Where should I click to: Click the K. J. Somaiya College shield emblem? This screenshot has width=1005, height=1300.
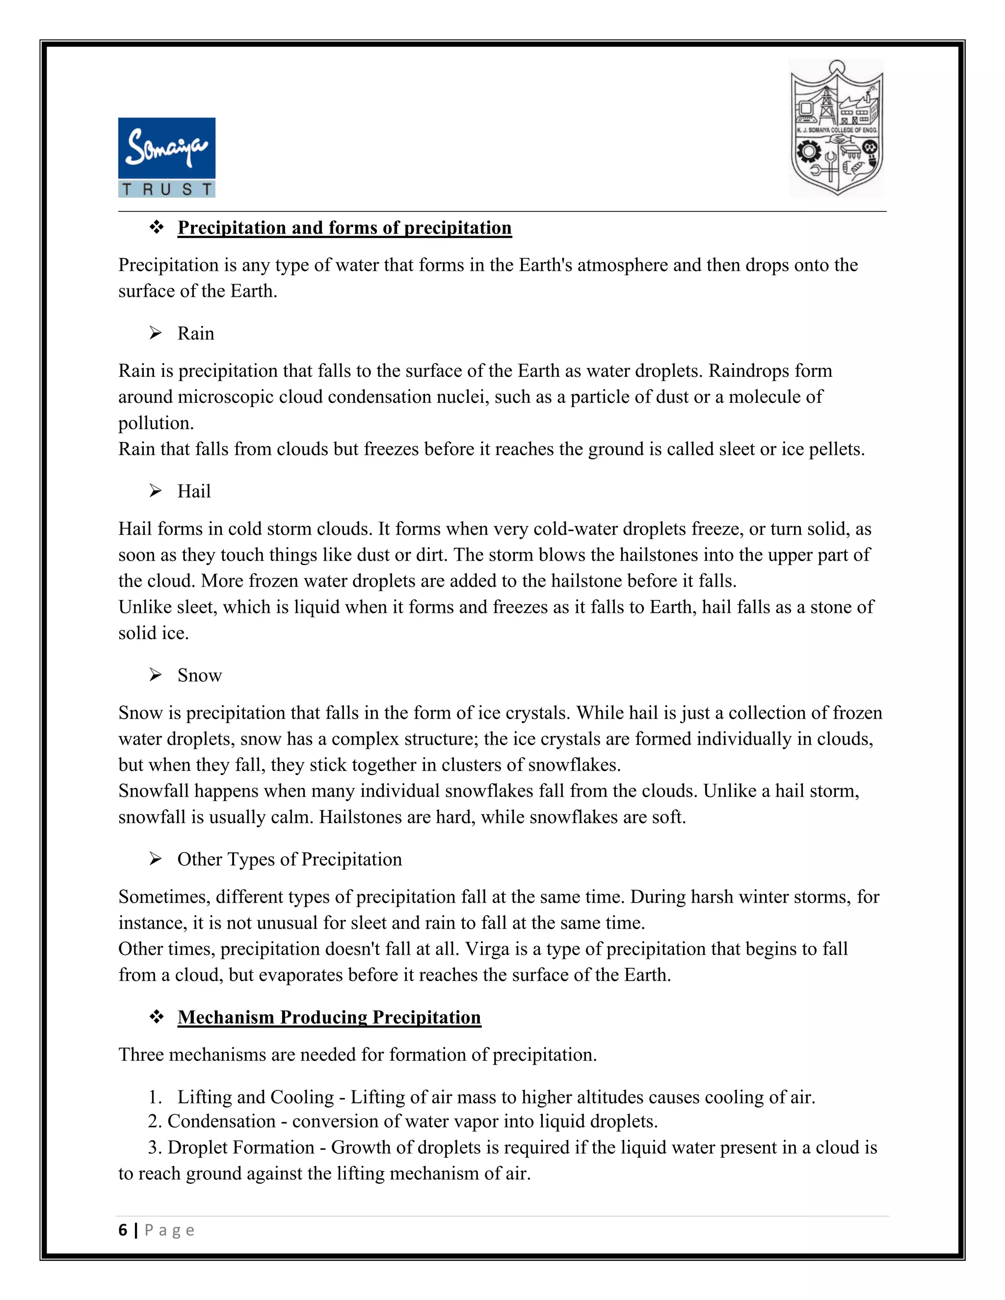click(x=837, y=128)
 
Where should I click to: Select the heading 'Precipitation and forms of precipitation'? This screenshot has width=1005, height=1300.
click(x=344, y=228)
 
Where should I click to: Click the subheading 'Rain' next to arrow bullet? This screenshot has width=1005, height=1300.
click(x=195, y=333)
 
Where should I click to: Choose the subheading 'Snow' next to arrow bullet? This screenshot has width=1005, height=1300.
click(x=199, y=675)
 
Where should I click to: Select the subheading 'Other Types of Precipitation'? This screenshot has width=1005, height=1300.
click(x=290, y=859)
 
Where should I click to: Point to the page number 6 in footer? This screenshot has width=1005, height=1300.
click(x=123, y=1230)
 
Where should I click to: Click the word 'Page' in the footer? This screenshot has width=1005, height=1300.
click(x=170, y=1230)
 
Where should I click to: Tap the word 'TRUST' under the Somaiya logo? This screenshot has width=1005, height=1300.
click(x=167, y=189)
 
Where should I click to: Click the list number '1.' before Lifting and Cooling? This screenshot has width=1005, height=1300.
click(x=155, y=1096)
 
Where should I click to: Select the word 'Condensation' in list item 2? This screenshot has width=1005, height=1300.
click(x=221, y=1121)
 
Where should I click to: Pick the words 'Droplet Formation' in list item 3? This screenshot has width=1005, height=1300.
click(x=240, y=1147)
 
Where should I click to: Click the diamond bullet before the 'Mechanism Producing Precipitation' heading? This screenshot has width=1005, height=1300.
click(x=157, y=1016)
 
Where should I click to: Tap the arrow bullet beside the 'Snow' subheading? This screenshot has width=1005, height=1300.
click(x=156, y=675)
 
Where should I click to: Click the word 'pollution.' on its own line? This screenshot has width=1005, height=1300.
click(x=156, y=423)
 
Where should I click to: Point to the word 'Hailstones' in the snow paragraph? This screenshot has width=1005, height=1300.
click(x=360, y=817)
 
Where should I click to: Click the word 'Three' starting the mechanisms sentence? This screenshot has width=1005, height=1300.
click(x=141, y=1054)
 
